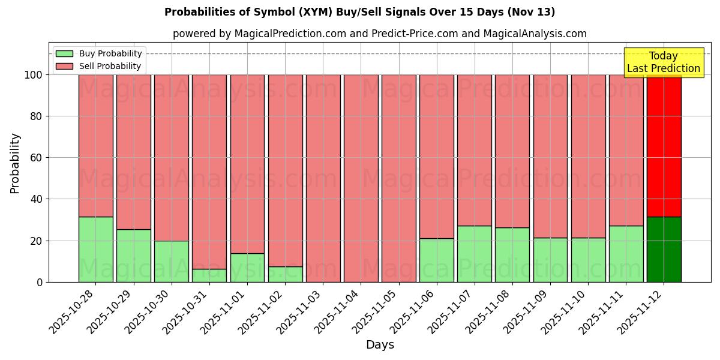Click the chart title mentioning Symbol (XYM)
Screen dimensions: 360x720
click(x=359, y=12)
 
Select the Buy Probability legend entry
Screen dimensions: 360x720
click(x=110, y=53)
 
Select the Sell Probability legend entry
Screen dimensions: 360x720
click(x=110, y=66)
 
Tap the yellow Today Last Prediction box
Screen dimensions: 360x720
click(x=664, y=62)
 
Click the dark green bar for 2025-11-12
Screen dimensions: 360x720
click(x=664, y=250)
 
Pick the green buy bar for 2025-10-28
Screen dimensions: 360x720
click(x=96, y=250)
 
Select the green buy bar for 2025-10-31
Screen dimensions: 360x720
click(x=209, y=275)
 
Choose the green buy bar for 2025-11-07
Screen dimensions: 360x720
click(x=475, y=254)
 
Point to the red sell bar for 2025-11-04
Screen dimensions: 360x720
click(x=361, y=178)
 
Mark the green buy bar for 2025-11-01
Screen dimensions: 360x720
click(x=247, y=268)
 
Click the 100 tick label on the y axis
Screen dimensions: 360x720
click(x=33, y=75)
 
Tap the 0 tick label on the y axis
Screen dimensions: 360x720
click(x=40, y=283)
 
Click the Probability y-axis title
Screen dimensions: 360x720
click(x=15, y=163)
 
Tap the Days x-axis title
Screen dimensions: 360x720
click(x=380, y=345)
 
